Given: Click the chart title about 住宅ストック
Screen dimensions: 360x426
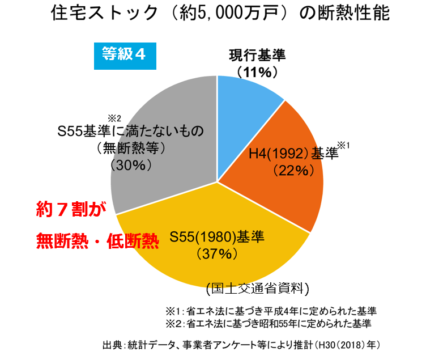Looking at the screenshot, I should click(219, 14).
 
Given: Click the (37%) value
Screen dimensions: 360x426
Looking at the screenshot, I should click(217, 253).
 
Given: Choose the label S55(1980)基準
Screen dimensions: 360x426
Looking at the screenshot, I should click(217, 238).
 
